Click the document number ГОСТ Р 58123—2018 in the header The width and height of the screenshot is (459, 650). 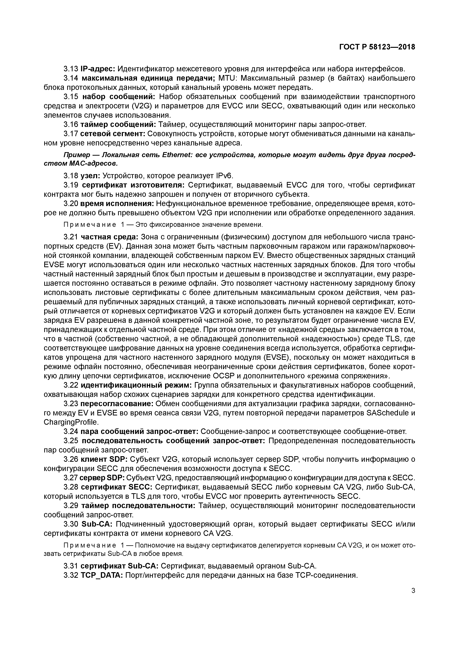click(x=377, y=47)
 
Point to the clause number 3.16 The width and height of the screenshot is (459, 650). click(x=71, y=125)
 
